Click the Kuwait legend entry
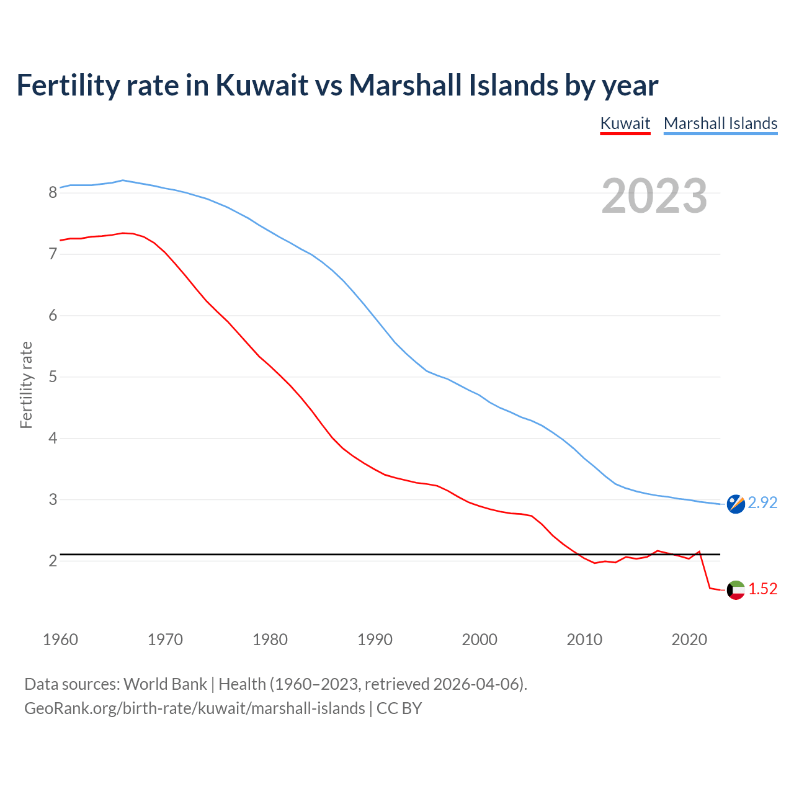pos(625,123)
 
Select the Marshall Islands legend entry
pos(720,123)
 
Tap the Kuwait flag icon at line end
pos(736,590)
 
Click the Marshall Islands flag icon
pos(736,504)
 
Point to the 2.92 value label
pos(762,502)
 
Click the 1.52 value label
pos(762,589)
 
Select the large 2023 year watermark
pos(654,196)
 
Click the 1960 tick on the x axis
pos(60,640)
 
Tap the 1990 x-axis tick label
pos(375,640)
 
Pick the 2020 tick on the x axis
pos(689,640)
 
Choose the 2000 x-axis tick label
pos(480,640)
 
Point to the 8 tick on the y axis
pos(53,193)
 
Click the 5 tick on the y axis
pos(53,377)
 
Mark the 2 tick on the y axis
pos(53,561)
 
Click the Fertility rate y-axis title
pos(26,385)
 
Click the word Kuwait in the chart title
pos(262,85)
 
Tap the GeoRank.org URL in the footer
pos(194,708)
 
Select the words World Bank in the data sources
pos(165,684)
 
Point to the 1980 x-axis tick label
pos(270,640)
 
